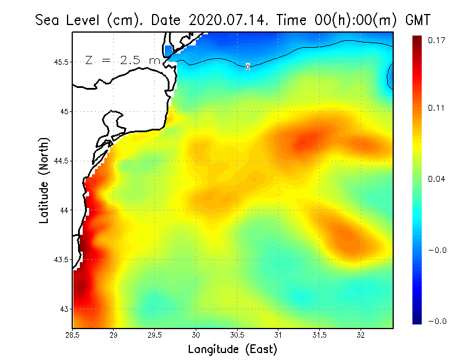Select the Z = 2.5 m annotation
tap(122, 60)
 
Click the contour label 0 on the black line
tap(248, 67)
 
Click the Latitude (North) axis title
tap(44, 180)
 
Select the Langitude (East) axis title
tap(232, 350)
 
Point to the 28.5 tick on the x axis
tap(72, 335)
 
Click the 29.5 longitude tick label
tap(154, 335)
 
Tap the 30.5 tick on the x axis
tap(237, 335)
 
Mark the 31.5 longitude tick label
tap(319, 335)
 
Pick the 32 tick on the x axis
tap(361, 335)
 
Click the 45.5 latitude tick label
tap(61, 62)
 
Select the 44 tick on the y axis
tap(63, 210)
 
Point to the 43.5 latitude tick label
tap(61, 259)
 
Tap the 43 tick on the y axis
tap(63, 309)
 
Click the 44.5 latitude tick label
tap(61, 161)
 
